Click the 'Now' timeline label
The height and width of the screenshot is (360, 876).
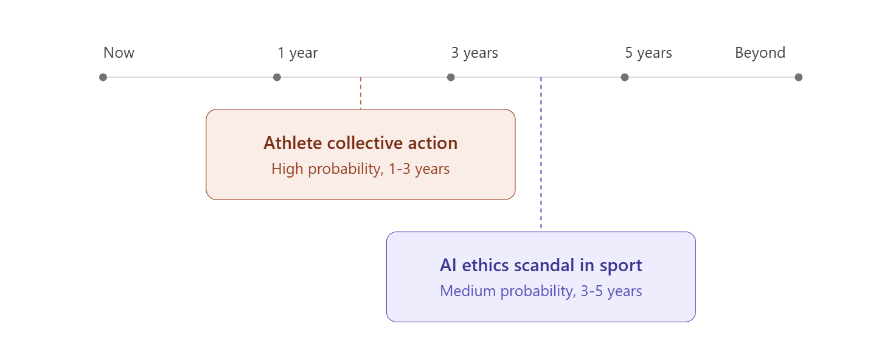coord(119,53)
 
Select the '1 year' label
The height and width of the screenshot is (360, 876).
coord(297,53)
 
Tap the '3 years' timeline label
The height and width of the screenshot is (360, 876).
coord(474,53)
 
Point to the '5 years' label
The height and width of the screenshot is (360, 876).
coord(648,53)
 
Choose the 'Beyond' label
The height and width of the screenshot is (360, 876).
coord(760,53)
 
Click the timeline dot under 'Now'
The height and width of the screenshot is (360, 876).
coord(103,77)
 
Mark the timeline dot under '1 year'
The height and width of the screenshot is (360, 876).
coord(277,77)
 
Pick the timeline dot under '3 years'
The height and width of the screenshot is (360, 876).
coord(451,77)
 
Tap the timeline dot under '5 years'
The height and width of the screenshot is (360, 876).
coord(625,77)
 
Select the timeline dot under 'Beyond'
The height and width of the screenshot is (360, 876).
coord(799,77)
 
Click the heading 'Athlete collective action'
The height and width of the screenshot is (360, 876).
coord(360,144)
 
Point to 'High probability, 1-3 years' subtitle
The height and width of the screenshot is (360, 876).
coord(360,169)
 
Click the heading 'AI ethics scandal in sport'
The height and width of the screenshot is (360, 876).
coord(541,266)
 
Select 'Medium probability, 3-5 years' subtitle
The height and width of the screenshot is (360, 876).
coord(541,291)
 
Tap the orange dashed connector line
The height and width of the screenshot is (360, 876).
coord(361,94)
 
